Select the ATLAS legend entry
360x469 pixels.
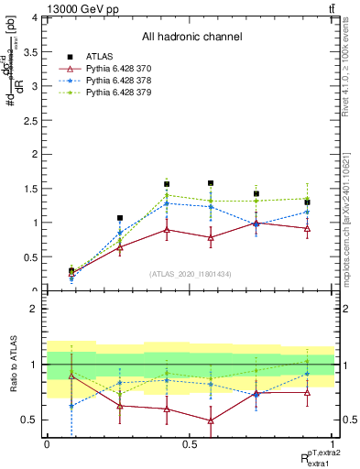click(102, 55)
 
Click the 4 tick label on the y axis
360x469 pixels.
click(35, 17)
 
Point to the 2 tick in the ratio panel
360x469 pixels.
click(35, 309)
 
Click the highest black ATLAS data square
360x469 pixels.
click(211, 183)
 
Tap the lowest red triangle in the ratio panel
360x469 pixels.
click(211, 420)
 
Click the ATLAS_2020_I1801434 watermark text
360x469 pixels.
click(190, 274)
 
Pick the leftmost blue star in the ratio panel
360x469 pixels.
click(71, 405)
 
